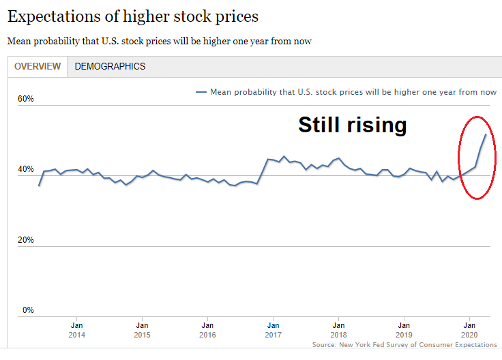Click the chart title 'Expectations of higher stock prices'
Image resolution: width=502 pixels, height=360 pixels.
[133, 16]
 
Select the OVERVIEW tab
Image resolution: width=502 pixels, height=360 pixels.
[38, 66]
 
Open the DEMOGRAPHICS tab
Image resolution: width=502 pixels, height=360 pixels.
[110, 66]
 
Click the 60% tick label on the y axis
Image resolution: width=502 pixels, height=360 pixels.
[25, 99]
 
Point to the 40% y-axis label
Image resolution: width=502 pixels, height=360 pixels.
[25, 169]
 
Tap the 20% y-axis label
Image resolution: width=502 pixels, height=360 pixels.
[25, 240]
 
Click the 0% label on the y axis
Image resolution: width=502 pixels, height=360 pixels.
[27, 310]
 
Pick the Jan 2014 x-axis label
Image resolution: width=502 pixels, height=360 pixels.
[76, 330]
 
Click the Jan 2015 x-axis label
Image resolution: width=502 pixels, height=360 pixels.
[142, 330]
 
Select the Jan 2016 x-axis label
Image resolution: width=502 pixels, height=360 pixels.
[207, 330]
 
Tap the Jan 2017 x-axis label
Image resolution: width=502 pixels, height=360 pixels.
[273, 330]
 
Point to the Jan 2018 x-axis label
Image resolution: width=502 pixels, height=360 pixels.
[338, 330]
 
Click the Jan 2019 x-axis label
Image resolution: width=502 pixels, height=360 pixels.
[404, 330]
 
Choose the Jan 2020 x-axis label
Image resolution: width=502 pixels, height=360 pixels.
[469, 330]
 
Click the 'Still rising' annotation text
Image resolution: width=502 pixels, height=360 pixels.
[352, 125]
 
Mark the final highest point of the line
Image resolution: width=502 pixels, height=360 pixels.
[486, 134]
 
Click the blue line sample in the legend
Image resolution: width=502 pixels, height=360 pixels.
[201, 92]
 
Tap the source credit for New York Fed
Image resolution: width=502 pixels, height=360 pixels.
[405, 345]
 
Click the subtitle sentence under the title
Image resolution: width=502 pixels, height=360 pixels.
[160, 41]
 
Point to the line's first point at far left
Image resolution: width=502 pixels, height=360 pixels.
[39, 185]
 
